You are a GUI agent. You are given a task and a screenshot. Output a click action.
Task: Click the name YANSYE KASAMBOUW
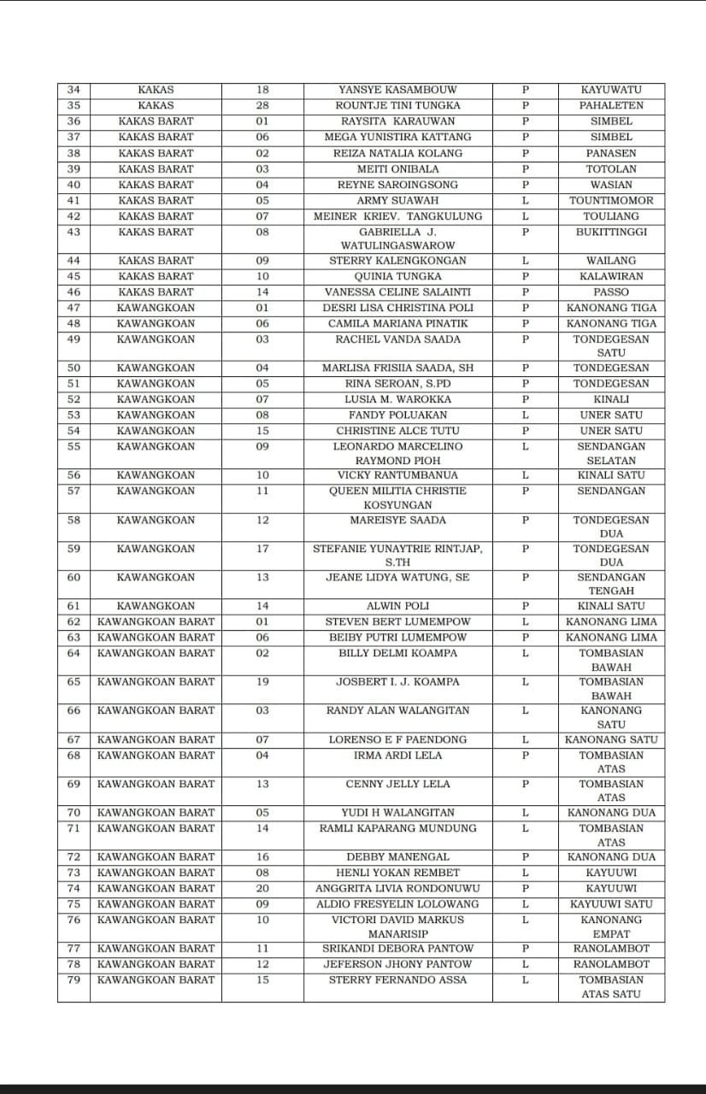pos(397,90)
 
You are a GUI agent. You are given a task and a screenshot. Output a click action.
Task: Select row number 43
pos(74,232)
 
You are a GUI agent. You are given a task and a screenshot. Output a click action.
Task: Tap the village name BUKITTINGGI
pos(611,232)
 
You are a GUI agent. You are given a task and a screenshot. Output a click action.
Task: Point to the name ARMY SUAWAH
pos(397,201)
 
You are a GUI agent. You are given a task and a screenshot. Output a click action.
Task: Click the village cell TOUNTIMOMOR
pos(611,201)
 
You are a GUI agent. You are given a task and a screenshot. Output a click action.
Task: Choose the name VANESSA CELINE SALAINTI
pos(397,292)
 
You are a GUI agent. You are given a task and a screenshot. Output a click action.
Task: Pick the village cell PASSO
pos(611,292)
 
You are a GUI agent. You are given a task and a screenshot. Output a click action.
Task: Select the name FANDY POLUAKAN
pos(397,415)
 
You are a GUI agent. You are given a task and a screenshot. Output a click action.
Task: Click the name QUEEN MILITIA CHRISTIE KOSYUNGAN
pos(397,497)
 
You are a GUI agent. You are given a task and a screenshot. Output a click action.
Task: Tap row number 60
pos(74,578)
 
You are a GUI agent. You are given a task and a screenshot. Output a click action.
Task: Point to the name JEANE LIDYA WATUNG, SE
pos(397,578)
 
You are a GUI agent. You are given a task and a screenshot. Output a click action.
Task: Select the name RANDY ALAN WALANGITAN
pos(397,711)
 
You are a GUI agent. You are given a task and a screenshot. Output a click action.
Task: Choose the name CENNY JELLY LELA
pos(397,785)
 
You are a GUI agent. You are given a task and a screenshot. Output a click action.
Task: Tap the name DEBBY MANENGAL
pos(397,857)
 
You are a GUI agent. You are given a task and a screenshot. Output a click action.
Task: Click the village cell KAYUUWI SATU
pos(611,904)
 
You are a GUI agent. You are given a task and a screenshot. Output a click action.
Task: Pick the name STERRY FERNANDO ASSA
pos(397,980)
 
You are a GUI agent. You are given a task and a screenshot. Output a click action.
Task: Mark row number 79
pos(74,980)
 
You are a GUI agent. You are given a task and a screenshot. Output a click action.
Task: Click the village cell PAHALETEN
pos(611,106)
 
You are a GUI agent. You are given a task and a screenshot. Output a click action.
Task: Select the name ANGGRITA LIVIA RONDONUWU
pos(397,889)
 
